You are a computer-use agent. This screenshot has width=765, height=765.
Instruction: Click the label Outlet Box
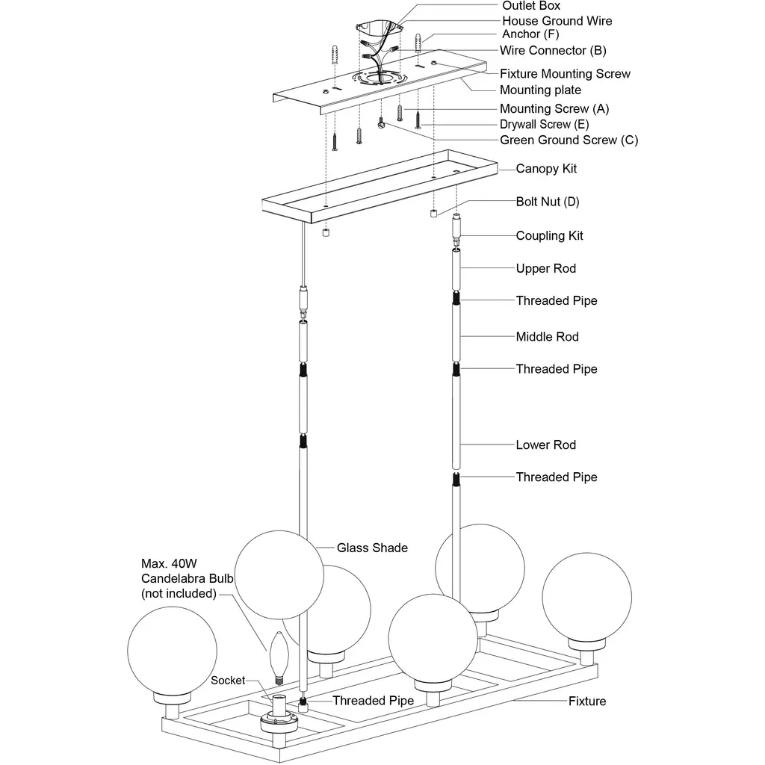coord(530,6)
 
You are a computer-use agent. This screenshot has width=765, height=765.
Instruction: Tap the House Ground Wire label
coord(557,21)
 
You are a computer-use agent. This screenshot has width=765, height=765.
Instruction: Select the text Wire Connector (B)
coord(553,51)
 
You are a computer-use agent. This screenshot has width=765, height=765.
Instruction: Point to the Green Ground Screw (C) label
coord(569,140)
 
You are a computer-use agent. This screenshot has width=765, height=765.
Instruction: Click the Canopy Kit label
coord(546,169)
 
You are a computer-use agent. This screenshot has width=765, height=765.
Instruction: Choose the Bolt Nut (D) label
coord(548,202)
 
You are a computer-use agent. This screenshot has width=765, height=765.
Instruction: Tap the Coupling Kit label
coord(549,235)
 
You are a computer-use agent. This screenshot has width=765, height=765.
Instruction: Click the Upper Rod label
coord(545,268)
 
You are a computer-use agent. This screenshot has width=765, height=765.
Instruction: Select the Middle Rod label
coord(547,337)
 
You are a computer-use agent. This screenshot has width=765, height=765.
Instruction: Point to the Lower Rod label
coord(545,445)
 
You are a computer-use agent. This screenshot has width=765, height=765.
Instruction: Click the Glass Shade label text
coord(372,548)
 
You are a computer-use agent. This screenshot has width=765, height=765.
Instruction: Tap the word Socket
coord(228,681)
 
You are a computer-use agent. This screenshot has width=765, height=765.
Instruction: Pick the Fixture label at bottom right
coord(587,701)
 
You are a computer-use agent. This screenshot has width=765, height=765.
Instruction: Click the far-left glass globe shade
coord(172,651)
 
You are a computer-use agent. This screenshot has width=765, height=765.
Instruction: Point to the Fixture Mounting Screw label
coord(565,73)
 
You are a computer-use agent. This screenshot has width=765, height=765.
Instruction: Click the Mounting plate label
coord(540,90)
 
